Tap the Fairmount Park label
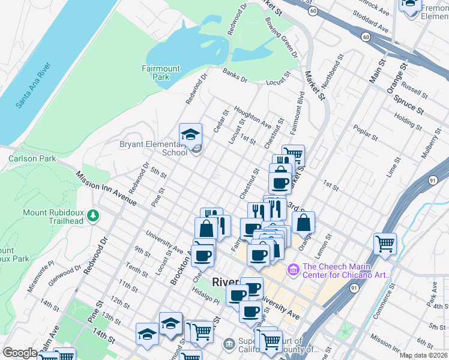coord(160,73)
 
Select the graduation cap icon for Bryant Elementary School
coord(190,134)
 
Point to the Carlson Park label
coord(32,159)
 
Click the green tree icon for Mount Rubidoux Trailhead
coord(92,215)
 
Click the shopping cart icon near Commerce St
coord(385,244)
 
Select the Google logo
coord(20,353)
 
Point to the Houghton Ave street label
coord(253,117)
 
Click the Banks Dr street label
coord(235,76)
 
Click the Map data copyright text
coord(424,355)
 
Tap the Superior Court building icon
coord(229,344)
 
